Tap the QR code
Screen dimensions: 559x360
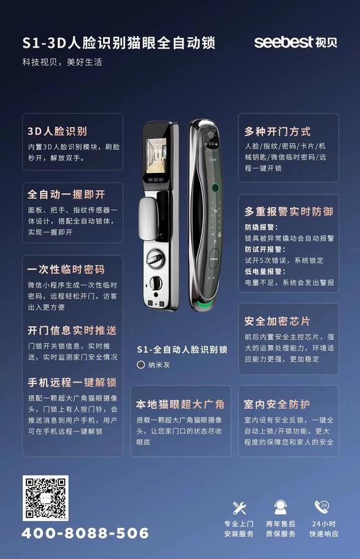click(44, 499)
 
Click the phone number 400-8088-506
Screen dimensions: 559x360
click(85, 533)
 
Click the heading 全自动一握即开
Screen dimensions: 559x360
click(66, 194)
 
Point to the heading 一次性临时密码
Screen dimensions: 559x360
click(66, 270)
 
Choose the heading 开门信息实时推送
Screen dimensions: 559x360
click(72, 329)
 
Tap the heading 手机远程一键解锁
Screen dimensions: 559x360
click(72, 383)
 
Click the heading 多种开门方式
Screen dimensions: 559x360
click(278, 131)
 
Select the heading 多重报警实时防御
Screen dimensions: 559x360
click(289, 211)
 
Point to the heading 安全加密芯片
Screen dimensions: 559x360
click(278, 322)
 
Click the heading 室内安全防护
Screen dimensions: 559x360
click(277, 404)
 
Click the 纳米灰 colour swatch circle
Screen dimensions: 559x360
click(141, 364)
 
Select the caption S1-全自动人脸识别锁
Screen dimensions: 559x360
click(182, 349)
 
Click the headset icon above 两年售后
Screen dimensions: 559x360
click(280, 508)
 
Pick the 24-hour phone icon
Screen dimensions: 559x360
click(321, 507)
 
